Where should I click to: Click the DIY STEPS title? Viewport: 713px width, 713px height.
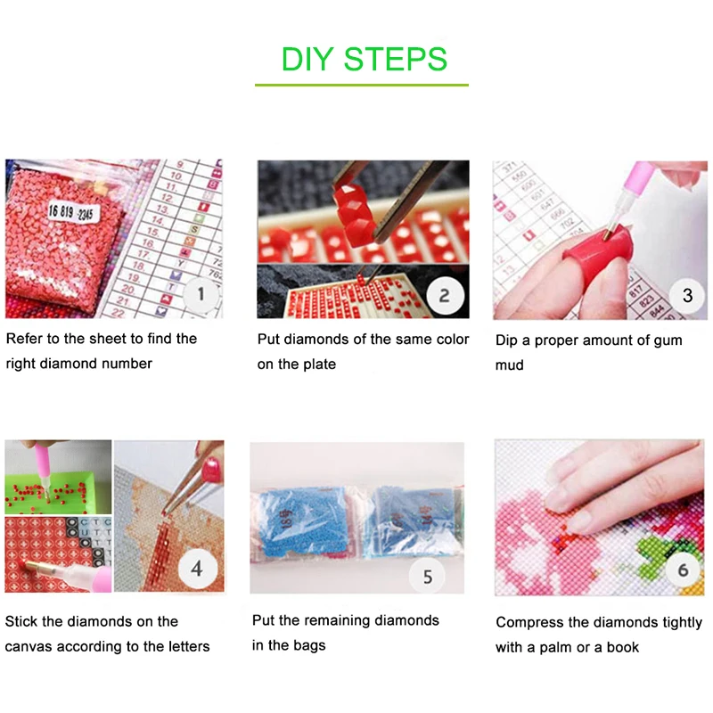pyautogui.click(x=364, y=59)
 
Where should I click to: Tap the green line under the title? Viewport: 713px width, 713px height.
pyautogui.click(x=361, y=85)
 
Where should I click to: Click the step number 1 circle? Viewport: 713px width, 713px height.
pyautogui.click(x=201, y=293)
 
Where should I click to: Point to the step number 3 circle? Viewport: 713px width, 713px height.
pyautogui.click(x=686, y=295)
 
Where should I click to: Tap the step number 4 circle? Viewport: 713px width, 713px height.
pyautogui.click(x=196, y=568)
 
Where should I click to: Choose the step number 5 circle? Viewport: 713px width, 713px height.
pyautogui.click(x=427, y=577)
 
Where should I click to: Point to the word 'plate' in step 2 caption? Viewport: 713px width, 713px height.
pyautogui.click(x=317, y=365)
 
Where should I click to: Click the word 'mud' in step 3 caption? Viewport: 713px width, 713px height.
pyautogui.click(x=510, y=365)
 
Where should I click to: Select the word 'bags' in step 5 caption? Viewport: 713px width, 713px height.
pyautogui.click(x=307, y=645)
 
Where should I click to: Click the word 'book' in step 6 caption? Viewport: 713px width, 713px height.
pyautogui.click(x=621, y=647)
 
